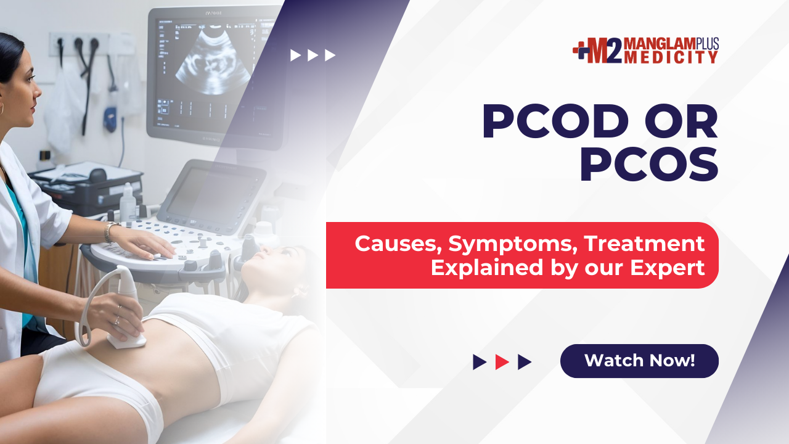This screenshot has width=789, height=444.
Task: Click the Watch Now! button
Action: [639, 361]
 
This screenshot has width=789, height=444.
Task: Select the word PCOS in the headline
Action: [649, 165]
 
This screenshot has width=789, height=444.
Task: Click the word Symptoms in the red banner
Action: [512, 244]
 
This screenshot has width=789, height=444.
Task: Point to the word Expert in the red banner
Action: [667, 268]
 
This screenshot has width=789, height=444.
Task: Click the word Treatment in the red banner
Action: [644, 243]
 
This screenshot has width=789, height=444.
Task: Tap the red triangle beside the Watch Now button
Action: [502, 362]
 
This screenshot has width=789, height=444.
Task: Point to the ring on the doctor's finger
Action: [117, 320]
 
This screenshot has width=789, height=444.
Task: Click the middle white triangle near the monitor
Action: [313, 55]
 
